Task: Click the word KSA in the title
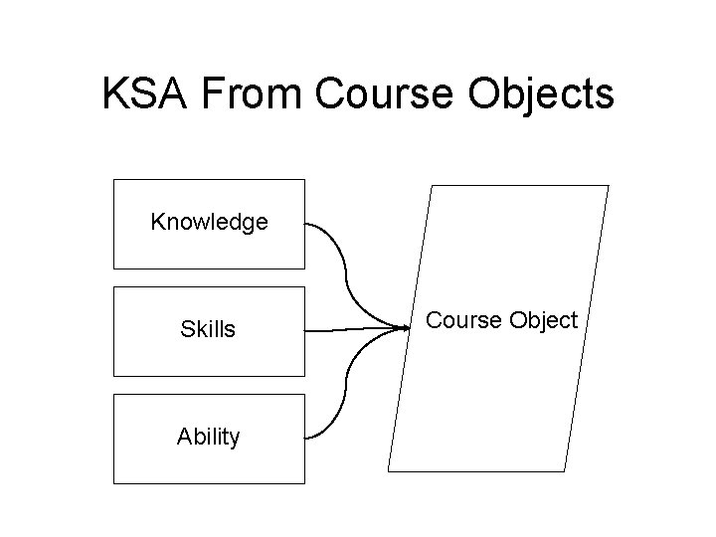147,94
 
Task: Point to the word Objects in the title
548,94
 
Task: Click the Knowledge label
209,222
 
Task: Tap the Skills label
208,329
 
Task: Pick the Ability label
208,437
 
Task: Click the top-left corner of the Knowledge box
114,180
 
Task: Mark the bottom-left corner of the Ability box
114,483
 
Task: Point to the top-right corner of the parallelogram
608,186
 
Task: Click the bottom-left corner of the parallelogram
389,470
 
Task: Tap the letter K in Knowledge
157,222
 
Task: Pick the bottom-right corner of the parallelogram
565,470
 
